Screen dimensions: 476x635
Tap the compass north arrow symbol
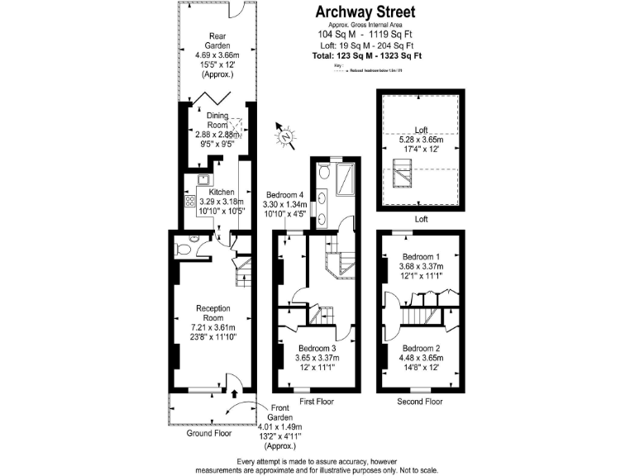(x=285, y=137)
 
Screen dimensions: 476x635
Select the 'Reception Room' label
(x=212, y=313)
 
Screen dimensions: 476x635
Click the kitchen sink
(x=203, y=178)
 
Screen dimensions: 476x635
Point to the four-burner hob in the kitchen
(x=189, y=202)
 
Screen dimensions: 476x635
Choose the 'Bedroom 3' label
(x=317, y=349)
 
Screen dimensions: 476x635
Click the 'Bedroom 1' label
(x=421, y=256)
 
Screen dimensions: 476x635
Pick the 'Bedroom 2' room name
(x=421, y=348)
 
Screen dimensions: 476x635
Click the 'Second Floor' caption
(x=419, y=402)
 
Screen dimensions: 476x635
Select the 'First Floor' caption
(x=317, y=402)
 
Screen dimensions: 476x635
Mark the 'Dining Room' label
(x=217, y=120)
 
